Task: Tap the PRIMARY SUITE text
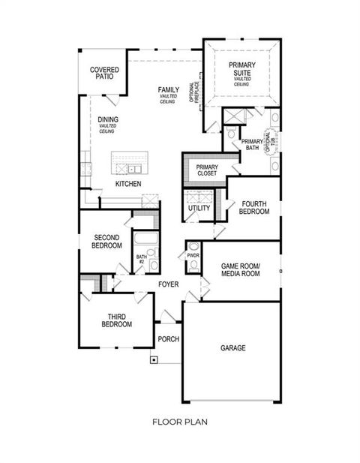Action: (242, 69)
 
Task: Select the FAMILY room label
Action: (168, 91)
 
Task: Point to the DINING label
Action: (109, 119)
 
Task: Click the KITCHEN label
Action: (128, 184)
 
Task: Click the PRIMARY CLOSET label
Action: (206, 170)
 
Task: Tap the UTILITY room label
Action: (199, 208)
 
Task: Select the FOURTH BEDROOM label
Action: (254, 208)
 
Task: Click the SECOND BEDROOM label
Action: (106, 241)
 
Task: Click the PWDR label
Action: (193, 256)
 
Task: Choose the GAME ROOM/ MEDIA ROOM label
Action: (241, 271)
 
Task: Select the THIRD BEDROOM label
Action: (116, 320)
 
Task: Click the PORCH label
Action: (168, 339)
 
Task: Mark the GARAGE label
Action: (233, 348)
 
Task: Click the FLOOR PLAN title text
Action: (180, 422)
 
